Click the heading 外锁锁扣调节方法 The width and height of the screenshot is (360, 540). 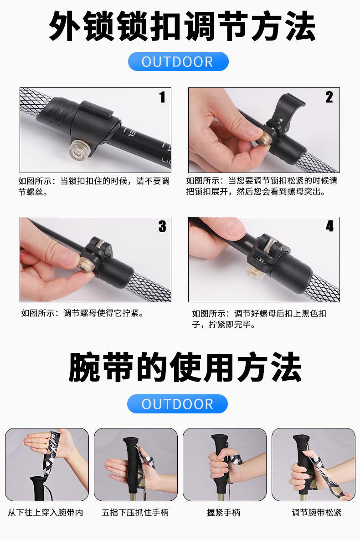[181, 27]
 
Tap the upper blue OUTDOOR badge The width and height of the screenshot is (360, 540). [178, 61]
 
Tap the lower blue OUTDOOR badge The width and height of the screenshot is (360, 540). [177, 404]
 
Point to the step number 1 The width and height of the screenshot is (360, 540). [162, 97]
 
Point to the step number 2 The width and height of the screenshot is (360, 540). [329, 97]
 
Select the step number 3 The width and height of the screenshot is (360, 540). [162, 226]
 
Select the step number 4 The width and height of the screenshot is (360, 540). [329, 226]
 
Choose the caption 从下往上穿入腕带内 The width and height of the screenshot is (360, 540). [46, 513]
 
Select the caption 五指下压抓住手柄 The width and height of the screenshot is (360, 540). [135, 513]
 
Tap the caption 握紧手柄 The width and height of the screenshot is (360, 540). [223, 513]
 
